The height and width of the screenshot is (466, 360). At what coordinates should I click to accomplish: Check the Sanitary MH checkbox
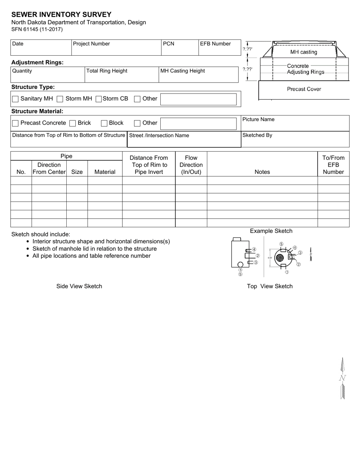(16, 99)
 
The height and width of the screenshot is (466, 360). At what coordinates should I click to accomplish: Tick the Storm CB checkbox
(99, 99)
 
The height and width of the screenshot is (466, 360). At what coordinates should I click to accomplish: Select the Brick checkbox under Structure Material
(73, 123)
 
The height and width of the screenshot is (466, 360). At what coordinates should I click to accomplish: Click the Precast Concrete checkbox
(16, 123)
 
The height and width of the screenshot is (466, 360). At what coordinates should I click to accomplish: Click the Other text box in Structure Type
(199, 99)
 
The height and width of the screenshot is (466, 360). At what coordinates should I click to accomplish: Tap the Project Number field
(116, 50)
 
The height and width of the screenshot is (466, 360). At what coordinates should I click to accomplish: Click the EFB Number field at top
(219, 50)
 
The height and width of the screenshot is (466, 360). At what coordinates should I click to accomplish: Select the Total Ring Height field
(121, 77)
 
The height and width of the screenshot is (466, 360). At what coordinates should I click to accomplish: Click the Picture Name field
(295, 125)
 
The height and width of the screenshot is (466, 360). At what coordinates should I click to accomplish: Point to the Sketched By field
(295, 141)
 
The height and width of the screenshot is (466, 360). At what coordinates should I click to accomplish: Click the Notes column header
(262, 172)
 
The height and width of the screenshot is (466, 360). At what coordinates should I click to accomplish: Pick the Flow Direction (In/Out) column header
(191, 165)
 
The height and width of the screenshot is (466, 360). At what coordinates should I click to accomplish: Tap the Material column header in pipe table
(105, 172)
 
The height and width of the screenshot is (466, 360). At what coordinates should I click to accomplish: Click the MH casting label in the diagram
(304, 52)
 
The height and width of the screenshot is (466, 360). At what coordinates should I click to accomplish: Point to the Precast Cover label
(304, 89)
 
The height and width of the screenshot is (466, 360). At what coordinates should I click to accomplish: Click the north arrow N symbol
(343, 378)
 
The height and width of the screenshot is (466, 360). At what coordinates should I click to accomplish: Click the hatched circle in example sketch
(280, 258)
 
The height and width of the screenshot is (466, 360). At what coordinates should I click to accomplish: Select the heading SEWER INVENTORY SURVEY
(61, 15)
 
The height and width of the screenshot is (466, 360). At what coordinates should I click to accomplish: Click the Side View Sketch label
(79, 286)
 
